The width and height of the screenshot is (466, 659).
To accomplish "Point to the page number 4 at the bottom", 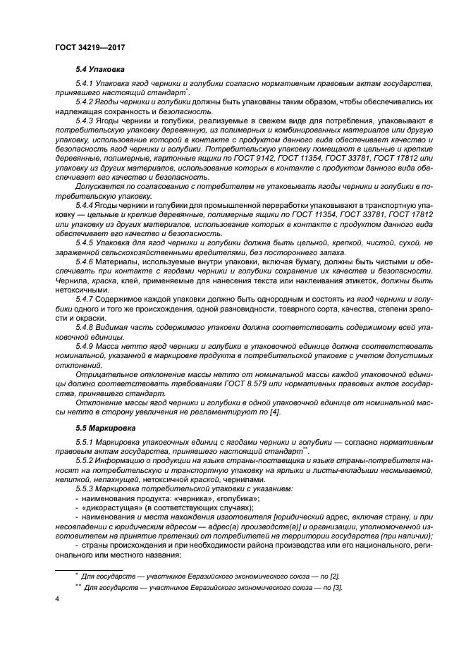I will pyautogui.click(x=56, y=598).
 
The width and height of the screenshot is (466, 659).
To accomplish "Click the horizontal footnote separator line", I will pyautogui.click(x=89, y=568).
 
